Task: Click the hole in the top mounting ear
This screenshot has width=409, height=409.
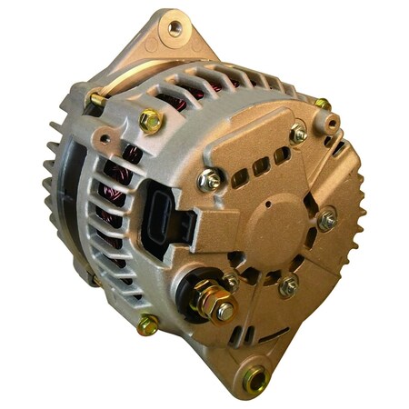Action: pyautogui.click(x=175, y=28)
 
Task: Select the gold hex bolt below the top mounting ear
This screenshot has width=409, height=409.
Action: pyautogui.click(x=151, y=120)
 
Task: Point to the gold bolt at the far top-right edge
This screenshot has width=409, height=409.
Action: pyautogui.click(x=322, y=104)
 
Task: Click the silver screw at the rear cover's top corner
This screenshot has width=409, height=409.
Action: pyautogui.click(x=299, y=134)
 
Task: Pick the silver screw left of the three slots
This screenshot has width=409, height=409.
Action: pyautogui.click(x=210, y=179)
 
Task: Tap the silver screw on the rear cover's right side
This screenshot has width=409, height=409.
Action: pyautogui.click(x=327, y=218)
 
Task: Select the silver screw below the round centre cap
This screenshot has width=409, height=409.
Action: pyautogui.click(x=289, y=286)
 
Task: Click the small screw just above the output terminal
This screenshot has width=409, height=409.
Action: pyautogui.click(x=231, y=281)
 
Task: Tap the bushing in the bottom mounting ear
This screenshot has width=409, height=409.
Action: pyautogui.click(x=254, y=375)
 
